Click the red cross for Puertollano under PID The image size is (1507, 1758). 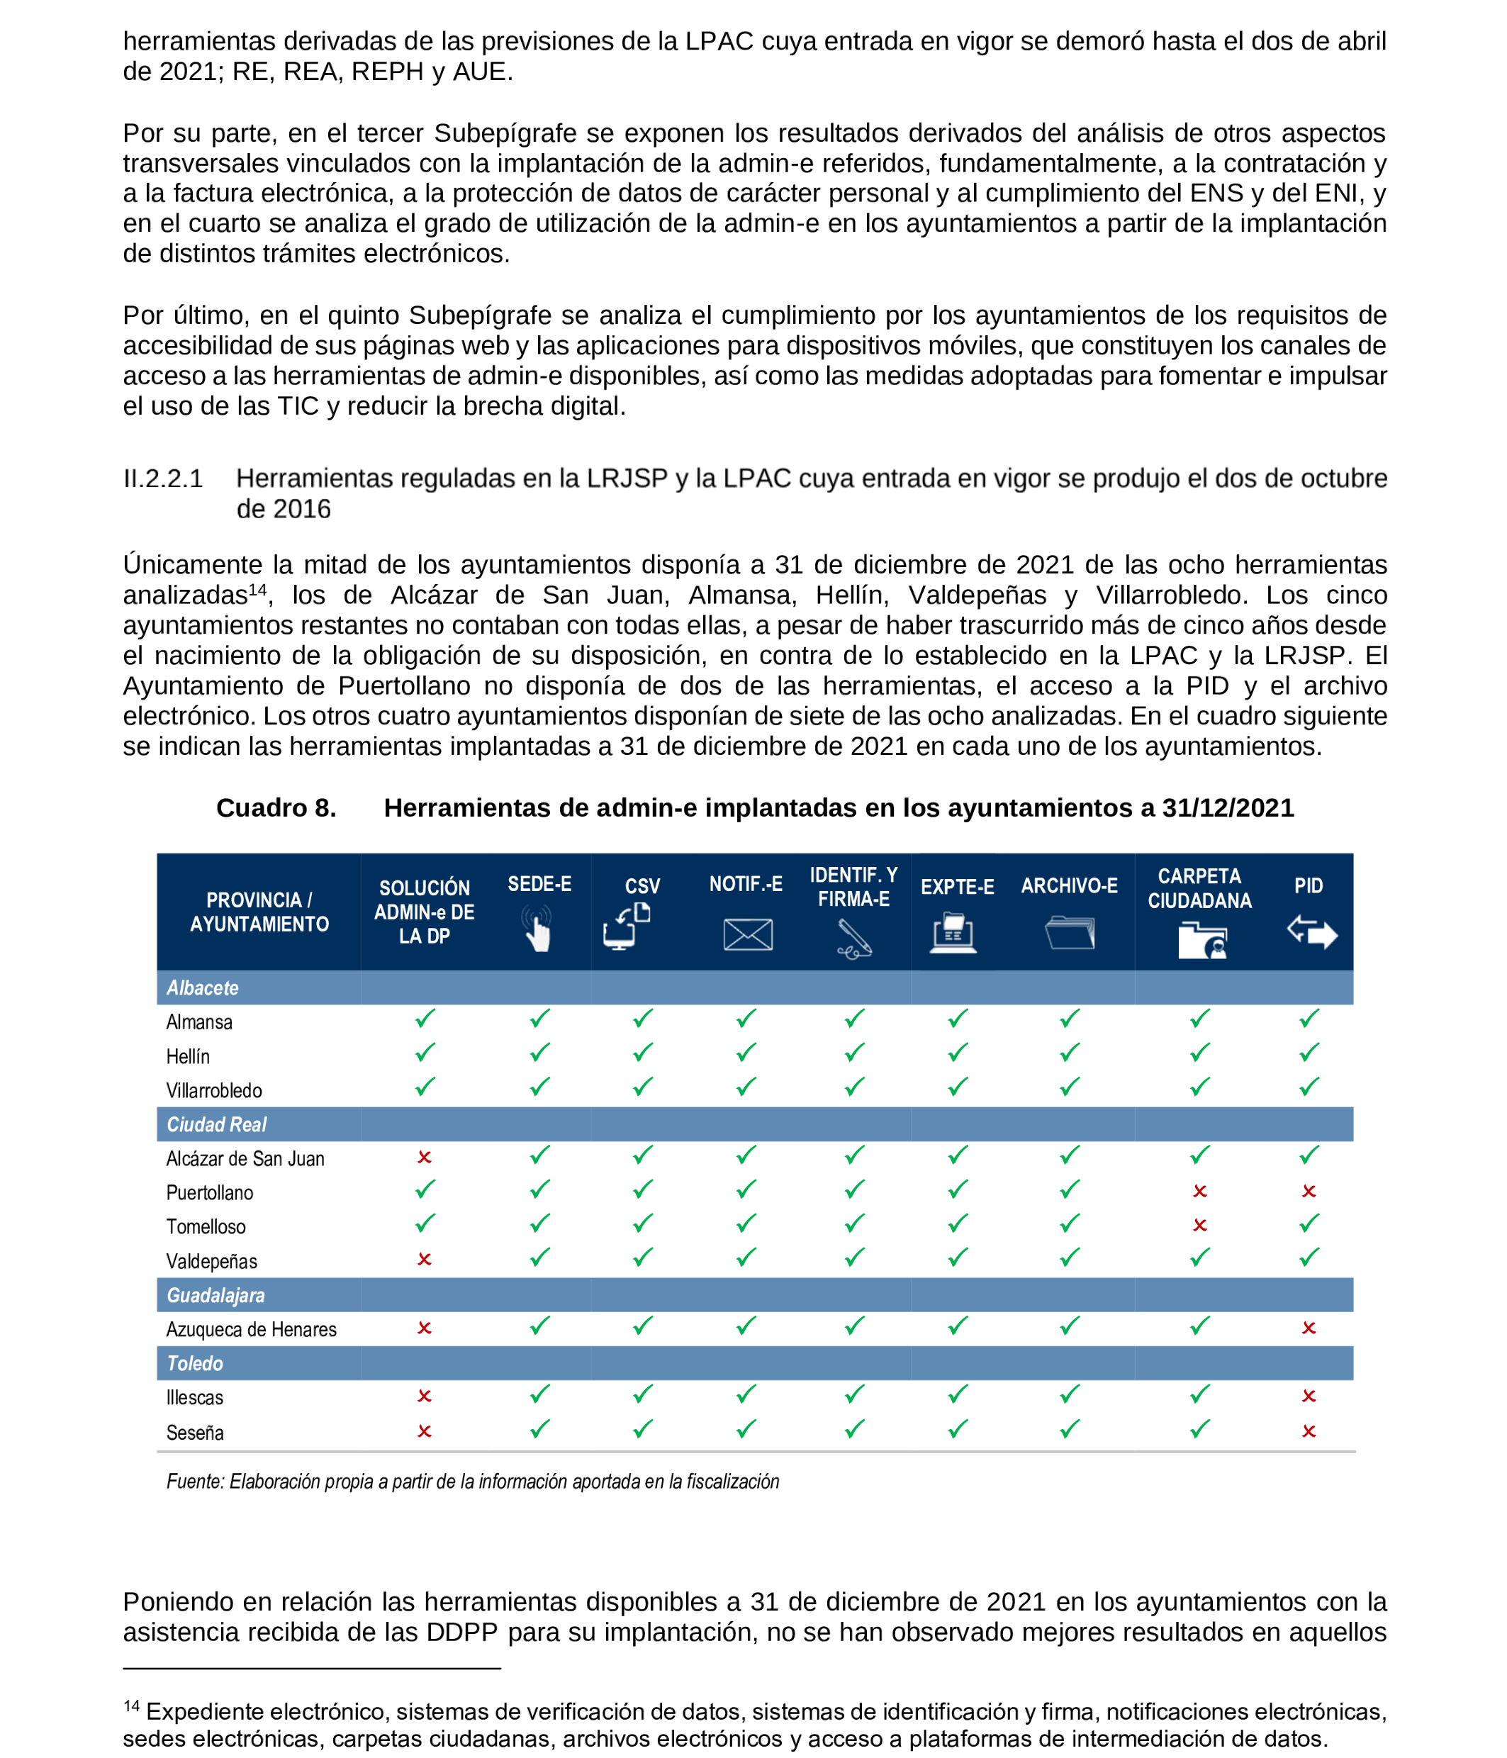click(x=1309, y=1191)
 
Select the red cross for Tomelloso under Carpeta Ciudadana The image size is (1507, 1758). click(x=1199, y=1225)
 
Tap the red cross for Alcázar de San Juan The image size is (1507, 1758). click(x=425, y=1158)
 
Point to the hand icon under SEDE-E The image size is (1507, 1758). click(x=538, y=930)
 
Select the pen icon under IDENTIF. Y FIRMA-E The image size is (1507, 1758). click(x=853, y=939)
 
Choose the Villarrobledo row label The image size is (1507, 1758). click(x=214, y=1090)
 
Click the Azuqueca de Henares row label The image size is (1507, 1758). click(x=251, y=1330)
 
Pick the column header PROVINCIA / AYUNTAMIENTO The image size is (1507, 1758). click(x=259, y=912)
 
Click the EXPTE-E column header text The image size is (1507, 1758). click(x=957, y=887)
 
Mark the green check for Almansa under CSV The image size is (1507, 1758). click(x=642, y=1018)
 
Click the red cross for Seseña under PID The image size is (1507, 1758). click(x=1309, y=1431)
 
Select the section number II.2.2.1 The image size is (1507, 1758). click(x=163, y=478)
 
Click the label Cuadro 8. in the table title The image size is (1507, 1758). click(x=276, y=807)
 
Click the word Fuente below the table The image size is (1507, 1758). click(x=194, y=1482)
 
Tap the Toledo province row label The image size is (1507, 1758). click(x=194, y=1363)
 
